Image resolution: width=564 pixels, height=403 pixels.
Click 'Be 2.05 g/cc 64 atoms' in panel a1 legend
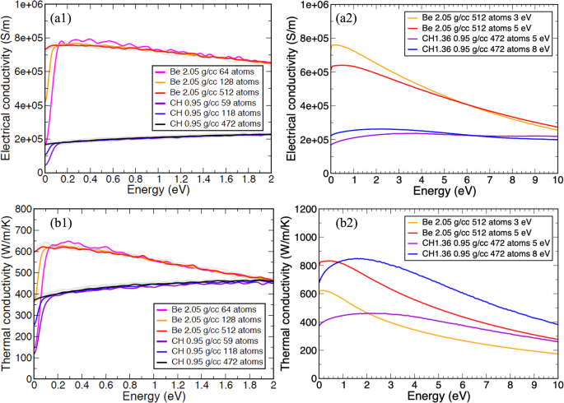click(212, 71)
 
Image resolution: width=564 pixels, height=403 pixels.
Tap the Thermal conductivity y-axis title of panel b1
click(7, 294)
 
